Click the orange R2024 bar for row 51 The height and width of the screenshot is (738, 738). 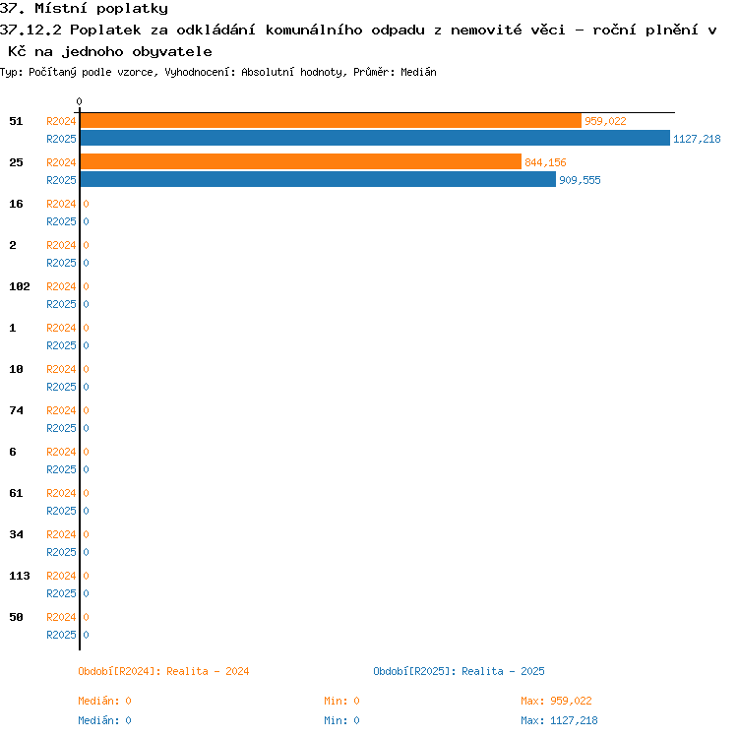[331, 121]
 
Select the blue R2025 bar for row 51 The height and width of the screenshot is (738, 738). [375, 138]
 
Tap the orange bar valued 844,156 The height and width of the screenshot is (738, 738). [301, 161]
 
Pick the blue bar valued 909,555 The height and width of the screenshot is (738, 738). [318, 179]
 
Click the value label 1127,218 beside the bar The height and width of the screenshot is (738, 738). [697, 139]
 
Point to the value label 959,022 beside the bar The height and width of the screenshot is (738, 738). [605, 121]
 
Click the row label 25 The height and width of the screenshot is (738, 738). [16, 162]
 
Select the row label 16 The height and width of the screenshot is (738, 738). [16, 204]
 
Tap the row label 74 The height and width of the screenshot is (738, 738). [16, 410]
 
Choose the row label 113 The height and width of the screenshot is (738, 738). [20, 576]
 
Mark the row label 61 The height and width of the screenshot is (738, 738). [16, 493]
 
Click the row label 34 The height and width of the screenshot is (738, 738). [16, 534]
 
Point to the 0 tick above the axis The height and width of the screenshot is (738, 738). [79, 101]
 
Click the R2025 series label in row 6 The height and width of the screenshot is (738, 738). [61, 469]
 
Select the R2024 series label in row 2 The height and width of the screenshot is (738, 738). [61, 245]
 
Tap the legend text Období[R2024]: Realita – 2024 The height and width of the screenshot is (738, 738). [163, 671]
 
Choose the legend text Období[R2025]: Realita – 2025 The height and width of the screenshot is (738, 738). [459, 671]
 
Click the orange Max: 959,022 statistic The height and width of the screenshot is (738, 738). [556, 701]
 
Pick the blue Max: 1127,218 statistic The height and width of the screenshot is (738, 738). [559, 720]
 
